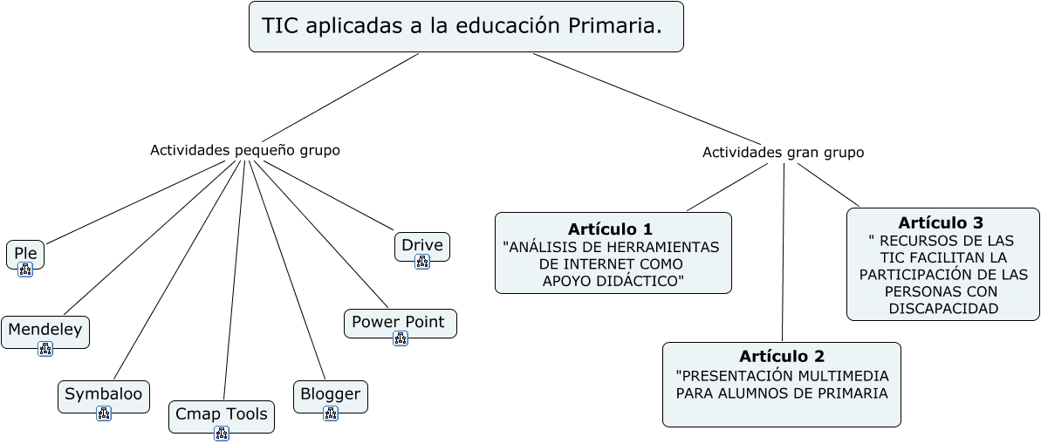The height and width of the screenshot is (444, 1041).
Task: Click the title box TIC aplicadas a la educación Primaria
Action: pyautogui.click(x=466, y=26)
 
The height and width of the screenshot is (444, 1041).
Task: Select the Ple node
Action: pyautogui.click(x=25, y=254)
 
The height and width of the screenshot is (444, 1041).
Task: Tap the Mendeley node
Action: pyautogui.click(x=45, y=331)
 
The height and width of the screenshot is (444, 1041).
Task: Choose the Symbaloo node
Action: pyautogui.click(x=104, y=396)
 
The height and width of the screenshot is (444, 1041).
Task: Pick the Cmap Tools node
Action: pyautogui.click(x=221, y=416)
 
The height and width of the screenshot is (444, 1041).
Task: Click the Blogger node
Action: pyautogui.click(x=331, y=396)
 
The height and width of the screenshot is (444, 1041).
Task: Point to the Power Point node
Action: pyautogui.click(x=401, y=324)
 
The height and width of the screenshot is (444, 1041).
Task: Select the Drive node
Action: pyautogui.click(x=422, y=246)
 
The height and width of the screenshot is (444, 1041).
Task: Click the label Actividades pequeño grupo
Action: pyautogui.click(x=245, y=150)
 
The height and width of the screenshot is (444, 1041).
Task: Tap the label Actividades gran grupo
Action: pyautogui.click(x=784, y=153)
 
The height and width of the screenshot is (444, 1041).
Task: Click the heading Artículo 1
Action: pyautogui.click(x=610, y=229)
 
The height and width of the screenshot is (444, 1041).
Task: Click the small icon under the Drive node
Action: pyautogui.click(x=422, y=262)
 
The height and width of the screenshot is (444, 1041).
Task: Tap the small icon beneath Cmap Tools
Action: pyautogui.click(x=222, y=434)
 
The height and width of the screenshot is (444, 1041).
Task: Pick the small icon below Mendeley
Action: pyautogui.click(x=45, y=348)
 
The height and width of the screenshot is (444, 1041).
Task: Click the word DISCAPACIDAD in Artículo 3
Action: pyautogui.click(x=943, y=309)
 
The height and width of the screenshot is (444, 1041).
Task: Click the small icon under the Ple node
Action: pyautogui.click(x=25, y=270)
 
